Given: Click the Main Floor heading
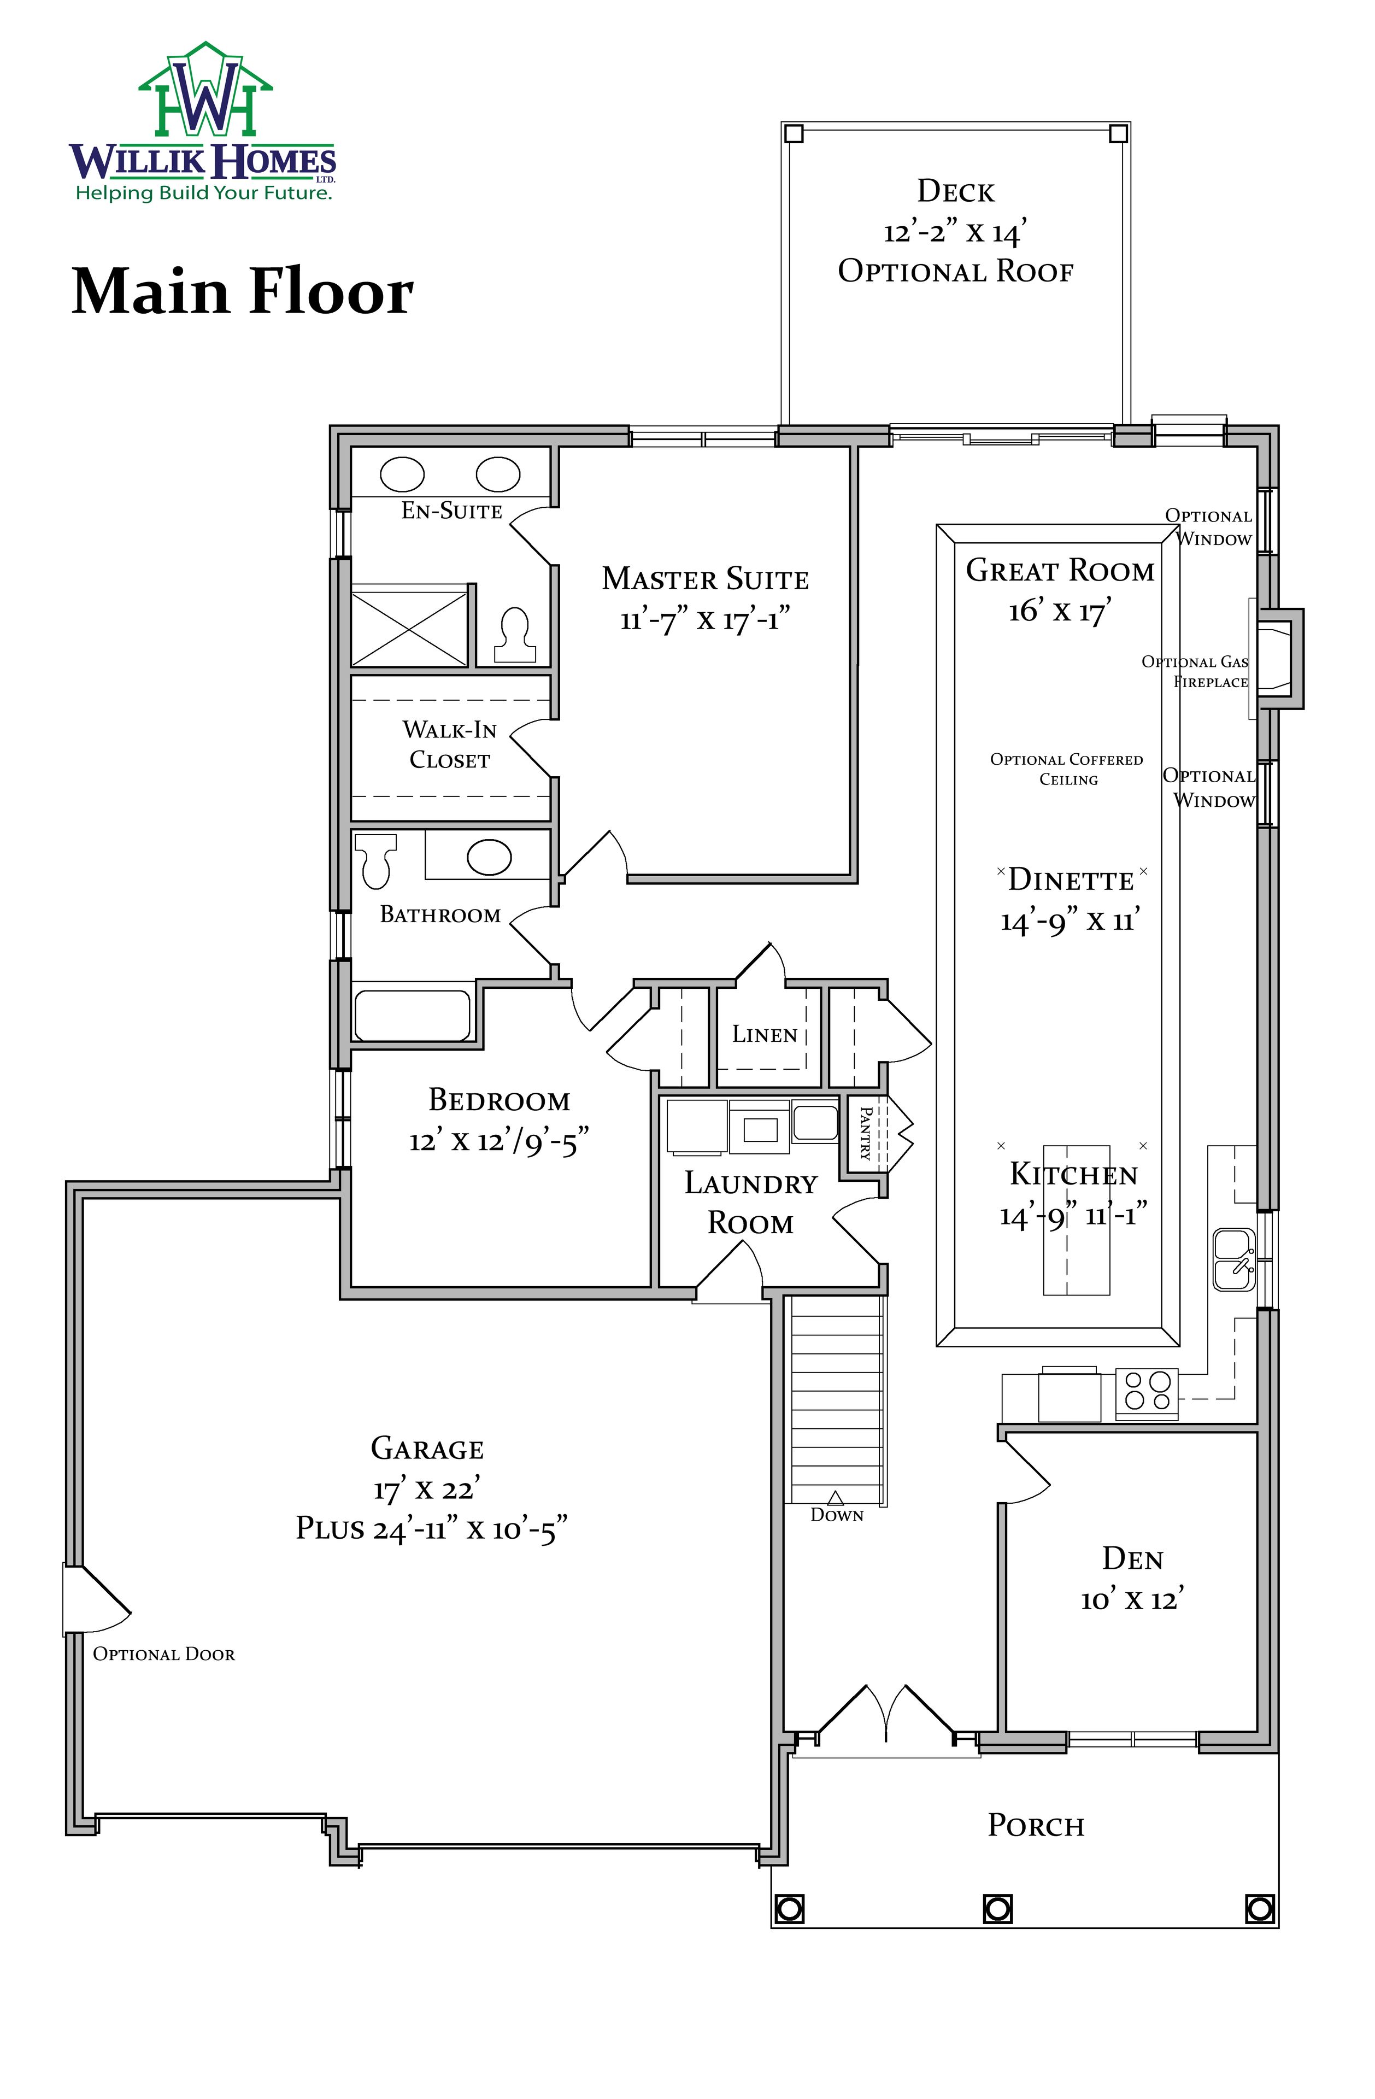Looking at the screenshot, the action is pyautogui.click(x=243, y=291).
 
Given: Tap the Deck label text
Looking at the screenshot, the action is pyautogui.click(x=956, y=191).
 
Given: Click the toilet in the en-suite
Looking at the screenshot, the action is pyautogui.click(x=514, y=636).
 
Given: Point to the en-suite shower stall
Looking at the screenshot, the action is pyautogui.click(x=410, y=627).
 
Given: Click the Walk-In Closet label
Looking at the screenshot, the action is pyautogui.click(x=450, y=744).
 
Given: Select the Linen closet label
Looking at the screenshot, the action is pyautogui.click(x=765, y=1034).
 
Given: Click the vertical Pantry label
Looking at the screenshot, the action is pyautogui.click(x=865, y=1133).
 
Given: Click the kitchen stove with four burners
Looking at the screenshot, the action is pyautogui.click(x=1147, y=1393).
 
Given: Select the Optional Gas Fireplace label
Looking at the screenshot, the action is pyautogui.click(x=1195, y=671).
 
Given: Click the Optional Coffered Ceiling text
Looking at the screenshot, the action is pyautogui.click(x=1067, y=769).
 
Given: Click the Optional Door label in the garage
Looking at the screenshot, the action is pyautogui.click(x=164, y=1655).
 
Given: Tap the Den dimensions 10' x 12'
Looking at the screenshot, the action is pyautogui.click(x=1132, y=1600).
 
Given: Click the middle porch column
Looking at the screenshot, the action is pyautogui.click(x=997, y=1908).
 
